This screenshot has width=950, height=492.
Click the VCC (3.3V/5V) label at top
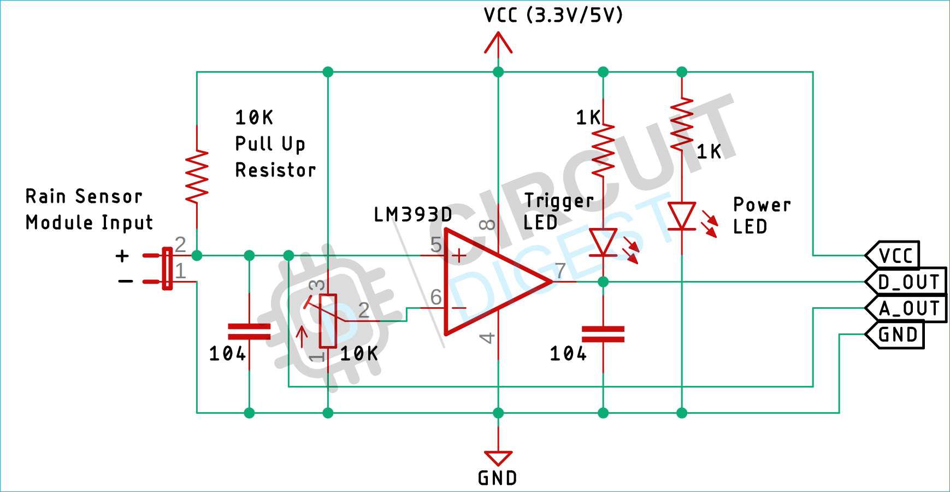(x=553, y=15)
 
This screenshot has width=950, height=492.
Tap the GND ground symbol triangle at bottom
(x=498, y=458)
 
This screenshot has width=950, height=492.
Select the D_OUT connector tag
(x=907, y=282)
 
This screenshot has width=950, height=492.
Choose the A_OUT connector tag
(x=907, y=308)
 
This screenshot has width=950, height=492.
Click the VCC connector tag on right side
(x=894, y=255)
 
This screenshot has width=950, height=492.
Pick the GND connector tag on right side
(x=896, y=335)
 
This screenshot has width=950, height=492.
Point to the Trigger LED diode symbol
(x=603, y=242)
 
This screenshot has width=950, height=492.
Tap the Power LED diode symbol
(x=682, y=216)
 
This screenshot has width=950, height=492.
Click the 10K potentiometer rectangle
(x=328, y=321)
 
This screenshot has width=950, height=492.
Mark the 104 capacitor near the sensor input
(x=249, y=331)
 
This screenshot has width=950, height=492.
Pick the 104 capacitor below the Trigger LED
(x=603, y=334)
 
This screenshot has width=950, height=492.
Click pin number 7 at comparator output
(x=560, y=271)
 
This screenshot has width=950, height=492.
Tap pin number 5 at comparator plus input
(x=435, y=244)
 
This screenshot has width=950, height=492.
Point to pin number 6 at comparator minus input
(x=435, y=297)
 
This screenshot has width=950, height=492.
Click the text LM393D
(x=412, y=215)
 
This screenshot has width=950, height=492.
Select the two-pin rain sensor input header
(x=166, y=268)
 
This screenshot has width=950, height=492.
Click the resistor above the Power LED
(x=682, y=125)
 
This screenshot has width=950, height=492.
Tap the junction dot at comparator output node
(x=603, y=282)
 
